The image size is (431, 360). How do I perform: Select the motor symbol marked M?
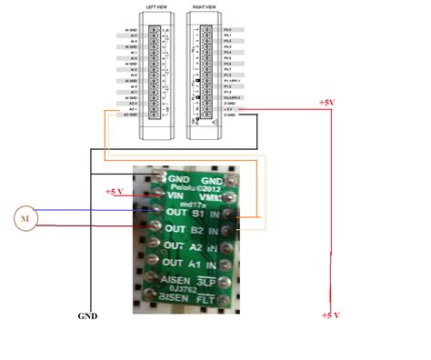25,218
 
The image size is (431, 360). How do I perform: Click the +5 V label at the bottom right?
332,315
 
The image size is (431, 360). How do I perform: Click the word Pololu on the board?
189,185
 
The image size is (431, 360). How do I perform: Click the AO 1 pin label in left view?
133,107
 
